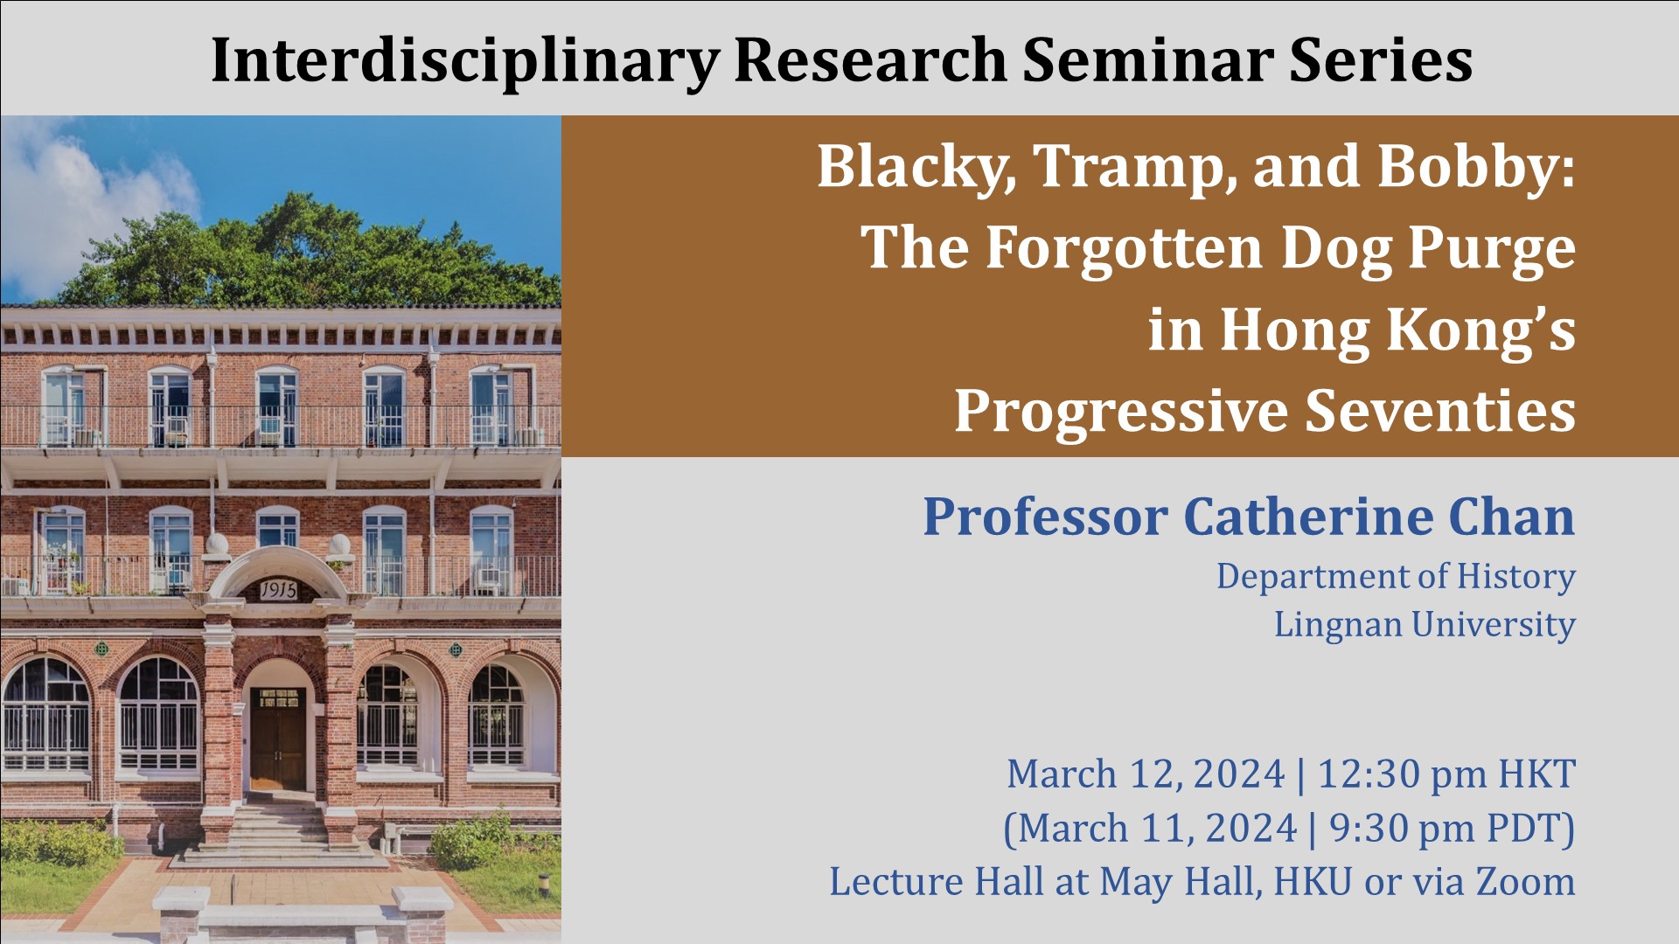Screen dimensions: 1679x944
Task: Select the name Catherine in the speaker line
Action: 1308,517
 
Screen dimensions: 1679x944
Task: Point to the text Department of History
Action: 1396,577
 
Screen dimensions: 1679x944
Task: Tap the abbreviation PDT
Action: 1531,829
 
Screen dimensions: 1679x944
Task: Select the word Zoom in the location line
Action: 1526,881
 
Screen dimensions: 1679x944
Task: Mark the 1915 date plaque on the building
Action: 278,591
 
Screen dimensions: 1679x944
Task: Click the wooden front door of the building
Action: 278,739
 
